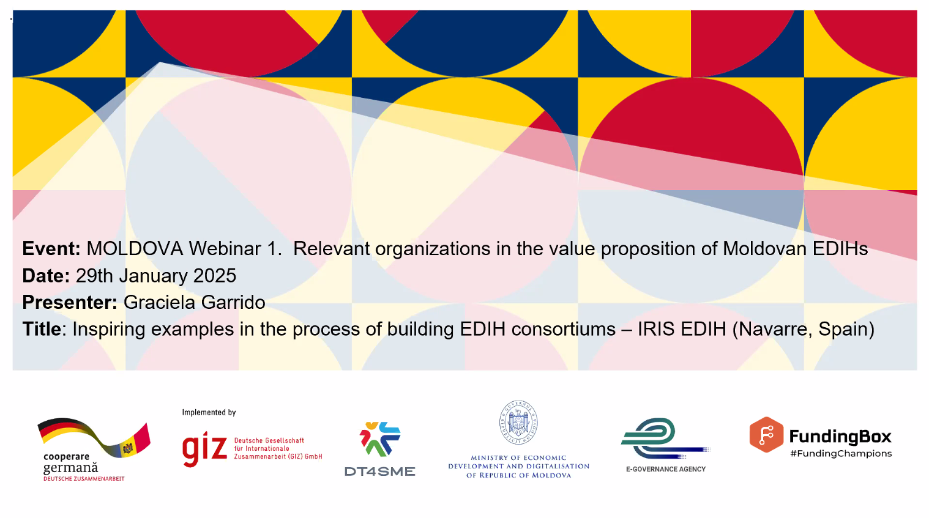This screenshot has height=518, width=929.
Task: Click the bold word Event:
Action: coord(51,249)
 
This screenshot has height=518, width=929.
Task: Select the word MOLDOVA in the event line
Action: coord(135,249)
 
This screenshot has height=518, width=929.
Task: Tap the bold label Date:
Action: coord(46,276)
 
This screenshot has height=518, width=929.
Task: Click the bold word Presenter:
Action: coord(70,302)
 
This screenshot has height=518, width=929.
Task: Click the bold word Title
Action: coord(42,329)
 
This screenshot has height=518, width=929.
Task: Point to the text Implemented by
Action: coord(209,412)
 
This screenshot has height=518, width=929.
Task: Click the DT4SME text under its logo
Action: coord(380,472)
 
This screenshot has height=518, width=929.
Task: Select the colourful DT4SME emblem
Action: coord(380,439)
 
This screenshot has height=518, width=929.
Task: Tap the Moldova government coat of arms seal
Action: coord(518,423)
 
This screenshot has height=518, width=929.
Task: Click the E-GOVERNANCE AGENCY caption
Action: coord(666,469)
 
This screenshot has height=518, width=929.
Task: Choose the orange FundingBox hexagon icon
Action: coord(766,434)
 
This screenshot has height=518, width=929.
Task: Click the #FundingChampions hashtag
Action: coord(841,454)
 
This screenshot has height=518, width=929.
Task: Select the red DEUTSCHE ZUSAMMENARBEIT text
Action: coord(84,479)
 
